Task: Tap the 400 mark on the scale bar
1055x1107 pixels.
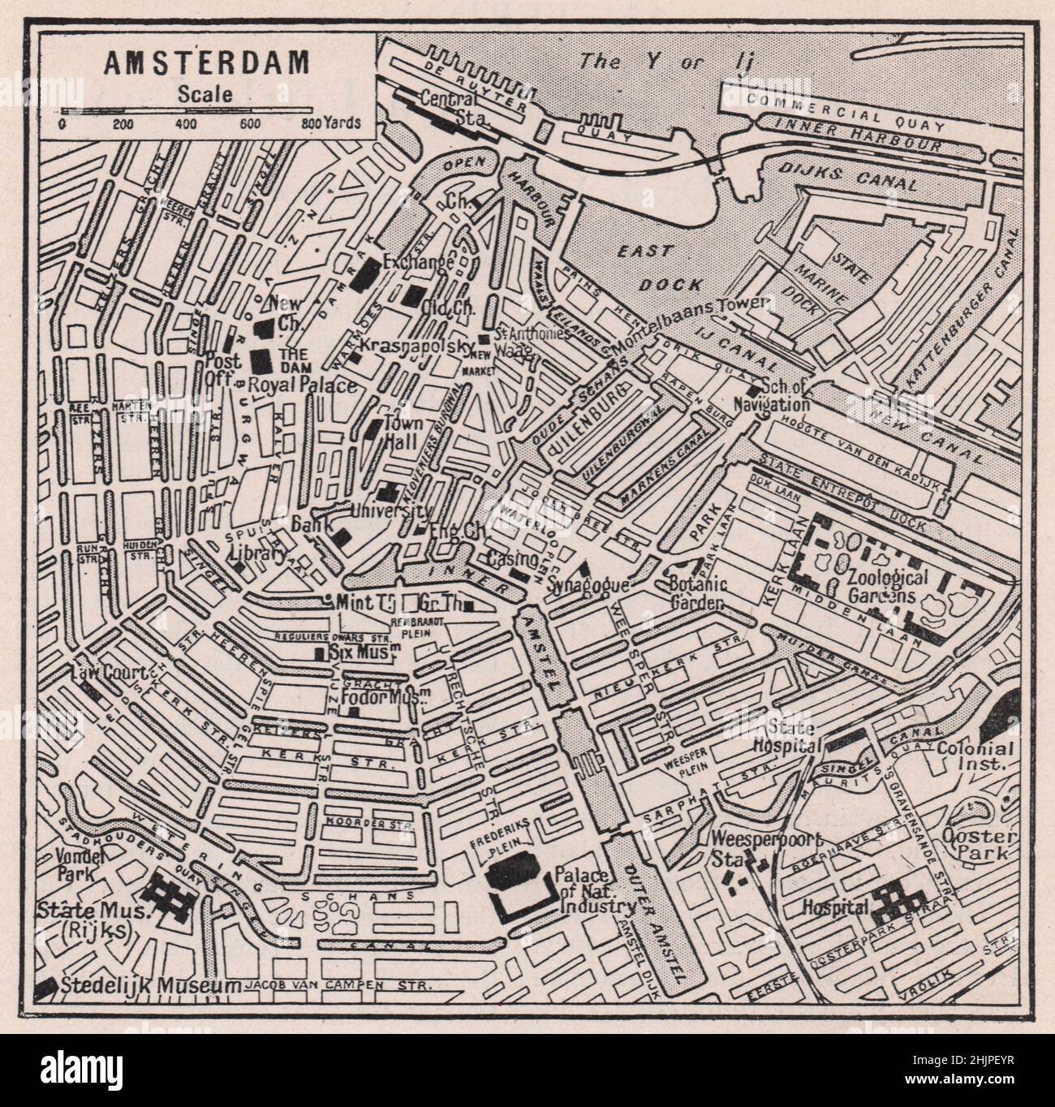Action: (x=186, y=124)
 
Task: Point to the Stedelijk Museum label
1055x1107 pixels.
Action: (x=150, y=985)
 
